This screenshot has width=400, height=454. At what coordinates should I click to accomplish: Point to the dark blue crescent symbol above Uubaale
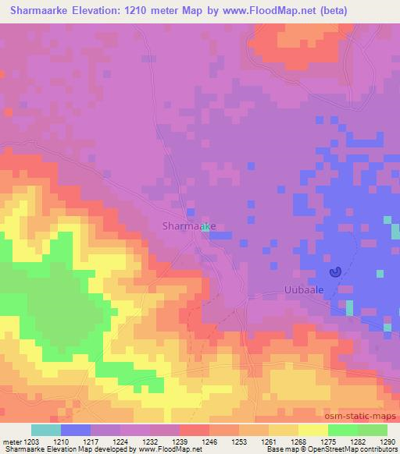tap(335, 272)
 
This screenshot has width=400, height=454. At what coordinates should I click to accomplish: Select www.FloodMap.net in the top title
tap(255, 10)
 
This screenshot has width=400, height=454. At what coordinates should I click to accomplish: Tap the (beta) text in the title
tap(312, 10)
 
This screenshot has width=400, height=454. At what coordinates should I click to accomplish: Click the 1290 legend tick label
tap(387, 441)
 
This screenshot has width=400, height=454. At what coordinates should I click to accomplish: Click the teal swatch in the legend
tap(45, 430)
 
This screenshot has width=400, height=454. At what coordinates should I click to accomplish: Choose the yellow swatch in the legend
tap(312, 430)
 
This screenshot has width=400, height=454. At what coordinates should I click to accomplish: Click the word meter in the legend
tap(13, 441)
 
